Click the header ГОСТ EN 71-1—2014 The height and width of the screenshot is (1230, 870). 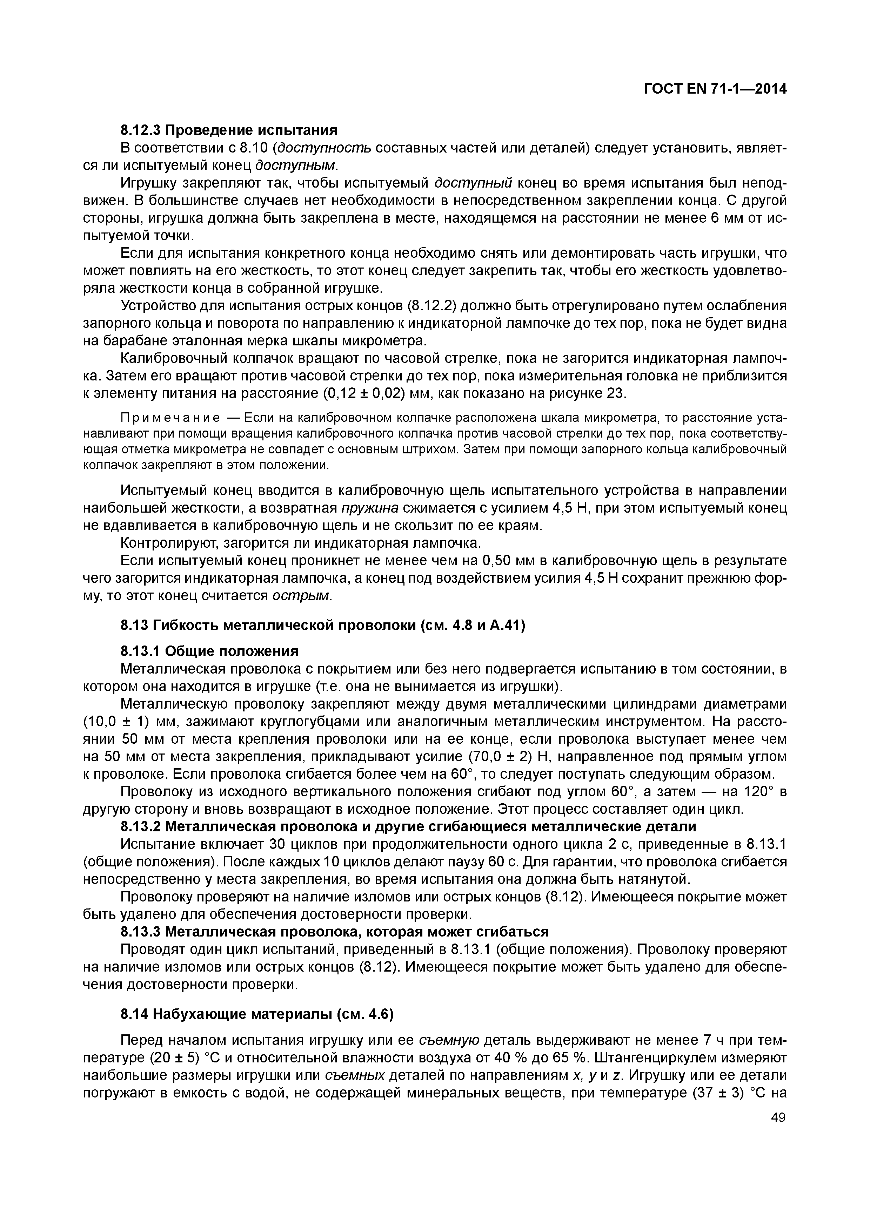pos(715,89)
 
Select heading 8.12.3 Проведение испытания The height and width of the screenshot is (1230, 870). pos(229,130)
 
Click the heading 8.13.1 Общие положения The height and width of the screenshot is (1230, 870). pos(209,651)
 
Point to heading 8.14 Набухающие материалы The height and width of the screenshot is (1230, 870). pos(257,1014)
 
